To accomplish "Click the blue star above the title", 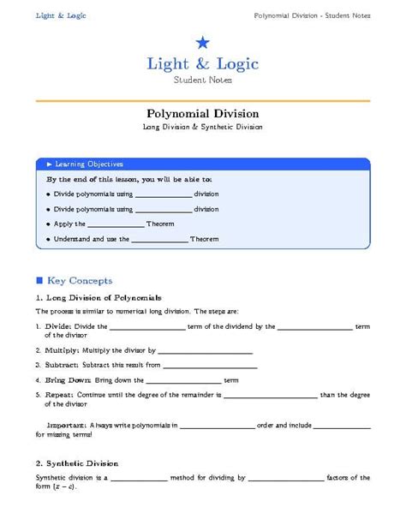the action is tap(202, 43).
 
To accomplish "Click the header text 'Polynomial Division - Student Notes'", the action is tap(312, 15).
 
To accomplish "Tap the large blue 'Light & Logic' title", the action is tap(202, 64).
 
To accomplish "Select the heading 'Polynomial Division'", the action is tap(203, 113).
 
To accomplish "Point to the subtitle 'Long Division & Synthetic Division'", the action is tap(203, 127).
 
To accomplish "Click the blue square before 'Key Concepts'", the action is tap(39, 280).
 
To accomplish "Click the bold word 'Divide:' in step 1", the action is tap(58, 326).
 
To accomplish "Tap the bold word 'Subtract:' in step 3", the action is tap(63, 365).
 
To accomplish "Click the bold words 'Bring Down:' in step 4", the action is tap(69, 379).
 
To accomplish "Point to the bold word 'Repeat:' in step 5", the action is tap(60, 396).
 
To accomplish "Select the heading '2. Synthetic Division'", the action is tap(77, 462).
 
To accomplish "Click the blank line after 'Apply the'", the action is tap(116, 224).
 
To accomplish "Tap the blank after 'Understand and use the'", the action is tap(159, 240).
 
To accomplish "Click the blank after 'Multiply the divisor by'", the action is tap(205, 352).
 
